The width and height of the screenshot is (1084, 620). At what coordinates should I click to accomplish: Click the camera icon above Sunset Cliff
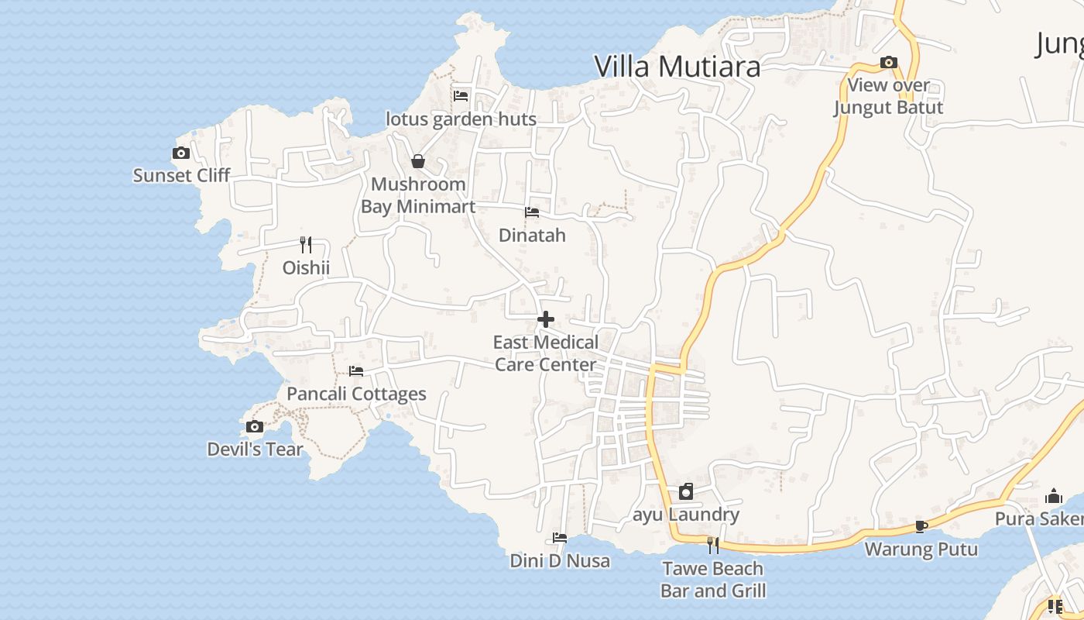pos(181,153)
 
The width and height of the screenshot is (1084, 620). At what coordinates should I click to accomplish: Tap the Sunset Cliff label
pos(181,175)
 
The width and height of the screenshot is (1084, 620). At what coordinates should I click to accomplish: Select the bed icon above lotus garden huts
pos(461,96)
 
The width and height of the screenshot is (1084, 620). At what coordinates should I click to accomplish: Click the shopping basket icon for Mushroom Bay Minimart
pos(418,161)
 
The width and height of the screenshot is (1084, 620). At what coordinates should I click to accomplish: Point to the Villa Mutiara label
pos(677,67)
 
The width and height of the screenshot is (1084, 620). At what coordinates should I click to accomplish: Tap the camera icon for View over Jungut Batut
pos(889,63)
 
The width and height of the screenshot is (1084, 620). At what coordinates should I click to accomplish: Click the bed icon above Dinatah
pos(532,212)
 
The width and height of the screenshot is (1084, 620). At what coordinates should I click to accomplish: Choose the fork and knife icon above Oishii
pos(306,245)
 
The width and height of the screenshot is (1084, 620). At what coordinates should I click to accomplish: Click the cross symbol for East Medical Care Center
pos(546,319)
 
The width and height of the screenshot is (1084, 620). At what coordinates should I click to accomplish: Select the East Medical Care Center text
pos(546,353)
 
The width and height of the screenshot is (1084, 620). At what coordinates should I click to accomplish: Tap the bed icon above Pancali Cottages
pos(356,370)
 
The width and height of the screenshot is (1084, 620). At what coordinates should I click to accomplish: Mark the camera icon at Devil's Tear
pos(255,426)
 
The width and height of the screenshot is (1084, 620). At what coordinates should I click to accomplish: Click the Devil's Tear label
pos(255,449)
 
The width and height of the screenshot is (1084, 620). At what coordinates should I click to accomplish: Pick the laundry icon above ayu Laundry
pos(686,491)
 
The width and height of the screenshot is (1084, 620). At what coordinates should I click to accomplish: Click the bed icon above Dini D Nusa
pos(560,538)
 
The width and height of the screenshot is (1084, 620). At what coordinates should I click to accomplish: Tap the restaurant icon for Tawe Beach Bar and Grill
pos(713,546)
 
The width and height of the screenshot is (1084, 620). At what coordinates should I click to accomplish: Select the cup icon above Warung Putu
pos(921,527)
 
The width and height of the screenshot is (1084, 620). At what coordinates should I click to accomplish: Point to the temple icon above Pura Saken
pos(1054,496)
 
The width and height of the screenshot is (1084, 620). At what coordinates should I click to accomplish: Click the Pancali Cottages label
pos(356,394)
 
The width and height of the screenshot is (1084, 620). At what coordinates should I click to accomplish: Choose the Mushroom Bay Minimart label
pos(418,195)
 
